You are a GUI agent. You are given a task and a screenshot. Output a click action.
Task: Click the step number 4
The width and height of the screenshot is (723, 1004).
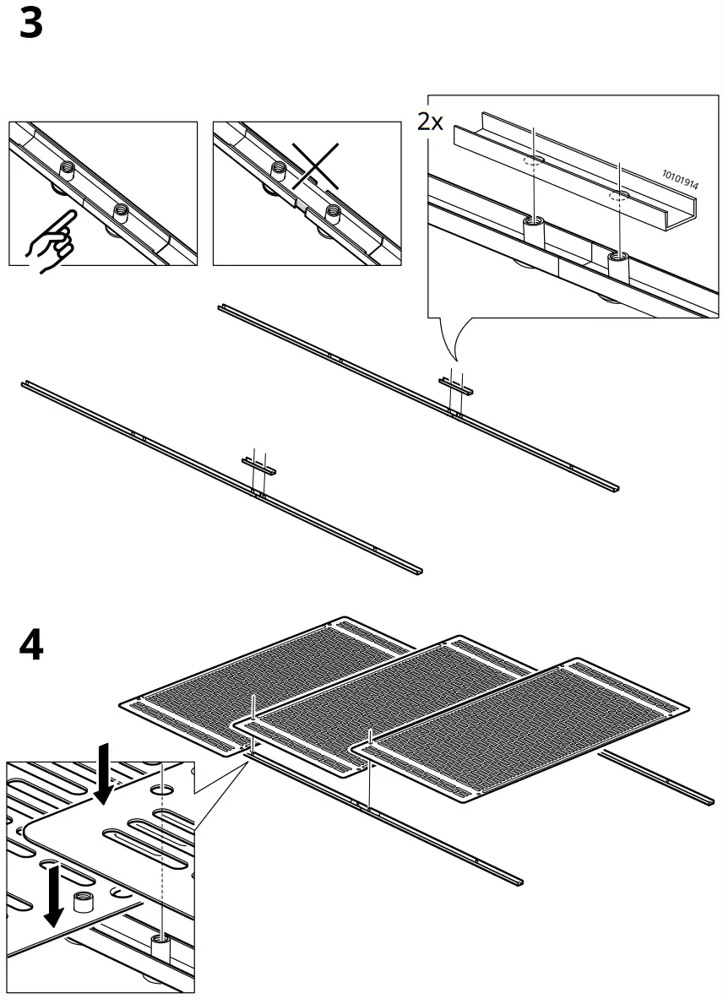tap(30, 646)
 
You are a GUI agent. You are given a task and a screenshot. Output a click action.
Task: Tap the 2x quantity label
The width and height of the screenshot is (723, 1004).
tap(430, 122)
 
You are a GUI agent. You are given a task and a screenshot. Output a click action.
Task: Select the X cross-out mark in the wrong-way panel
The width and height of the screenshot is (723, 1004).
tap(315, 165)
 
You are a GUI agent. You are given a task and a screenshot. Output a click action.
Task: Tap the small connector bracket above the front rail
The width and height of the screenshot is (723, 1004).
tap(258, 464)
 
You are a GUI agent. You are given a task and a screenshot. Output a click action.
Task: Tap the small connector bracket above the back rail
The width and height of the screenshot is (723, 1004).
tap(456, 387)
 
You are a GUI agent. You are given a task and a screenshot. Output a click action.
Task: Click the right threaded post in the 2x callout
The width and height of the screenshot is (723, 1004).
tap(619, 263)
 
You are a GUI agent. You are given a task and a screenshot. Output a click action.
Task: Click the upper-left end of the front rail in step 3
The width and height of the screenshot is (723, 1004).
tap(25, 385)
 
